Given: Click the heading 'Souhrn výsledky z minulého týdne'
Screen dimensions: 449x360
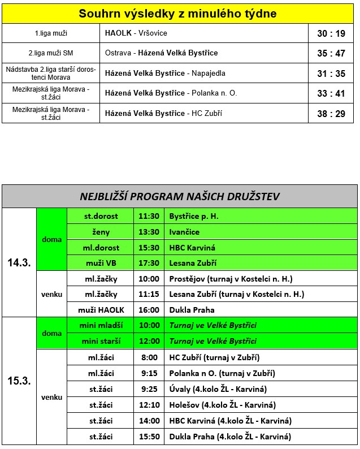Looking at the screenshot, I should click(x=178, y=14).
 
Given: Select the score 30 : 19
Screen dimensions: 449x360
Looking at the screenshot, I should click(x=331, y=33).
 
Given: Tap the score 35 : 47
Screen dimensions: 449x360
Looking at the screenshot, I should click(x=331, y=53).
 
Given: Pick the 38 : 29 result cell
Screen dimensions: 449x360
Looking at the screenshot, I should click(x=331, y=114).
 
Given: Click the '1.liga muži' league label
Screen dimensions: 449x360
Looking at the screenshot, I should click(x=51, y=33).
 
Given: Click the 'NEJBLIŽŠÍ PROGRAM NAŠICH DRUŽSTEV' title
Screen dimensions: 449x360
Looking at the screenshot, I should click(x=180, y=197).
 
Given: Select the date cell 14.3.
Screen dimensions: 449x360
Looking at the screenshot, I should click(x=19, y=263).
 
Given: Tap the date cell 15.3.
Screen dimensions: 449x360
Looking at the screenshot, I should click(x=19, y=381).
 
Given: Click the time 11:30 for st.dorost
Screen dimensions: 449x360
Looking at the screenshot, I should click(x=149, y=217).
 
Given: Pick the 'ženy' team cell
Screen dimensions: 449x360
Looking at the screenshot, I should click(x=101, y=232).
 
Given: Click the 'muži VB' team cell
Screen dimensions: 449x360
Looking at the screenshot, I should click(x=101, y=263).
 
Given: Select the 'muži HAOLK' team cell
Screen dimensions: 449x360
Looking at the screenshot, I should click(x=101, y=310).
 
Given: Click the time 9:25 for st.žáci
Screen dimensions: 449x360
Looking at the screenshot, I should click(x=149, y=390).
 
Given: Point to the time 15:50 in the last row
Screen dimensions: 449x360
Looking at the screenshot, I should click(x=149, y=437).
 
